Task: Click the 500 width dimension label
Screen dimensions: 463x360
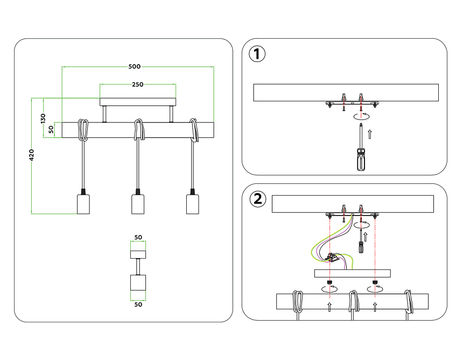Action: click(135, 66)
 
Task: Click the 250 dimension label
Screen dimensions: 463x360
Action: click(138, 85)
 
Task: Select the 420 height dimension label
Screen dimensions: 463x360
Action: click(31, 155)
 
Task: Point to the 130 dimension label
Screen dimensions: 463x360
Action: click(43, 118)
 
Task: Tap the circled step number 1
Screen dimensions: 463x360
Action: click(257, 54)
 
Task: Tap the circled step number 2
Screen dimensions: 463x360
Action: click(258, 199)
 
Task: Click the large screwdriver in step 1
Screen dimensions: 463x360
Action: click(361, 147)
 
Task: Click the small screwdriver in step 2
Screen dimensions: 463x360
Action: click(361, 241)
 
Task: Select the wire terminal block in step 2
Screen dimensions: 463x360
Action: click(332, 258)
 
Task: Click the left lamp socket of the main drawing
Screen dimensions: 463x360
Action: click(83, 201)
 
